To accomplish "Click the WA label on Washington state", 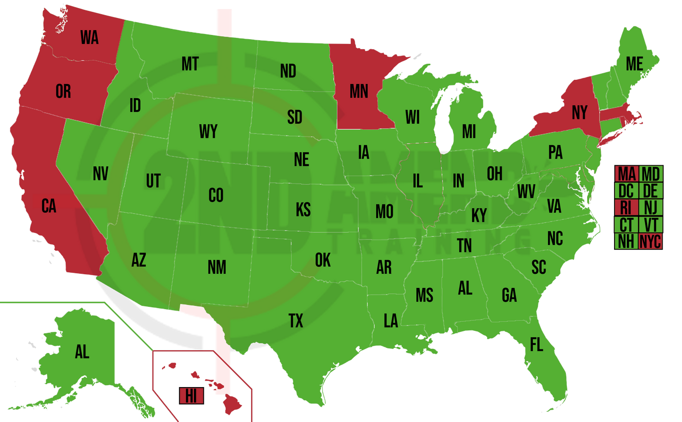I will click(89, 37).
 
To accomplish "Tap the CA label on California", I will click(49, 206).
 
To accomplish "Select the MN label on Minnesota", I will click(359, 91).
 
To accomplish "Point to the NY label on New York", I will click(579, 112).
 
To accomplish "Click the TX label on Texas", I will click(295, 321).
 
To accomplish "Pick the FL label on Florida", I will click(536, 345).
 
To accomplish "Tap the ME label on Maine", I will click(634, 64).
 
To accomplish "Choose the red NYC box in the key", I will click(650, 241).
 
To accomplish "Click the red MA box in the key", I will click(626, 174).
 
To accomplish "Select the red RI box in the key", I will click(626, 208).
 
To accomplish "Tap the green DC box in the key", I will click(626, 191).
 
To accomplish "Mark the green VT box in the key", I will click(650, 225).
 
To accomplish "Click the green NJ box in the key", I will click(650, 208).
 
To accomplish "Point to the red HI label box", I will click(191, 396).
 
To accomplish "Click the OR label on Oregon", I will click(63, 91).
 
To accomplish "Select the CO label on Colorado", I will click(216, 195).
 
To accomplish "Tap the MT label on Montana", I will click(190, 64).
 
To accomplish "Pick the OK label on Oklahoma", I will click(323, 260).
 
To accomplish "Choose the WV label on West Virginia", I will click(526, 192).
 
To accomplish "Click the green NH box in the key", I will click(626, 241).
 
